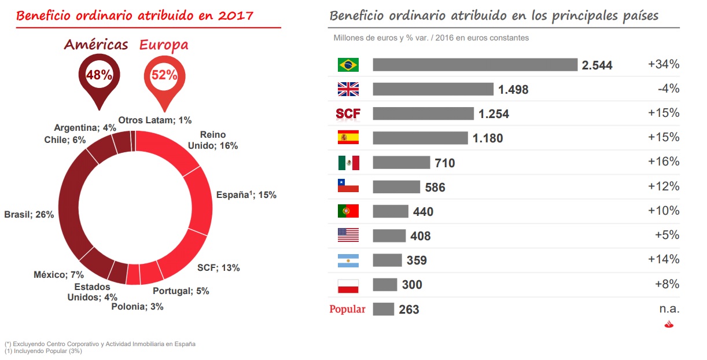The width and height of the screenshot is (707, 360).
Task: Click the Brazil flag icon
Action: (x=348, y=65)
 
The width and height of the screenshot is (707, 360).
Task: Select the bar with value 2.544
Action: (x=475, y=65)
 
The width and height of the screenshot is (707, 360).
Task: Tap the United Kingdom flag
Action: (x=348, y=89)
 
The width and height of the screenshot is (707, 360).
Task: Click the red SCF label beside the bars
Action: (x=348, y=113)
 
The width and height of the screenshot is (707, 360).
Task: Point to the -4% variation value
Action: (x=668, y=89)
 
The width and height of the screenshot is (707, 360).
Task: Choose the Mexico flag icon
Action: (x=348, y=163)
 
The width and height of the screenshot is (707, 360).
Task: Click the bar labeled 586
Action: (x=396, y=187)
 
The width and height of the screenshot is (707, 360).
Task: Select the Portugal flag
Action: (x=348, y=211)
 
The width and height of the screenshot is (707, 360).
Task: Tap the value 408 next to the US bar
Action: (x=421, y=236)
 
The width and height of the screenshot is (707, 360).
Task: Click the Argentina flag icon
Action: (x=348, y=260)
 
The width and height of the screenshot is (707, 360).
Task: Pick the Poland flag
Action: (x=348, y=285)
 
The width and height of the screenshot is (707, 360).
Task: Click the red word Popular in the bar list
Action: (x=347, y=309)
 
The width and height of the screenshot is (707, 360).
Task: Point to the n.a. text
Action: (x=669, y=309)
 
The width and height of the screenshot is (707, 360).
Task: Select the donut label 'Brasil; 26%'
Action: (x=29, y=215)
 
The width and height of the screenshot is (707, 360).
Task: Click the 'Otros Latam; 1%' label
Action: (x=154, y=120)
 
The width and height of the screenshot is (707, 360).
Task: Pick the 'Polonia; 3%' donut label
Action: (x=137, y=307)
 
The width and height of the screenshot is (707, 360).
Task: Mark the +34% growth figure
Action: (x=664, y=65)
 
